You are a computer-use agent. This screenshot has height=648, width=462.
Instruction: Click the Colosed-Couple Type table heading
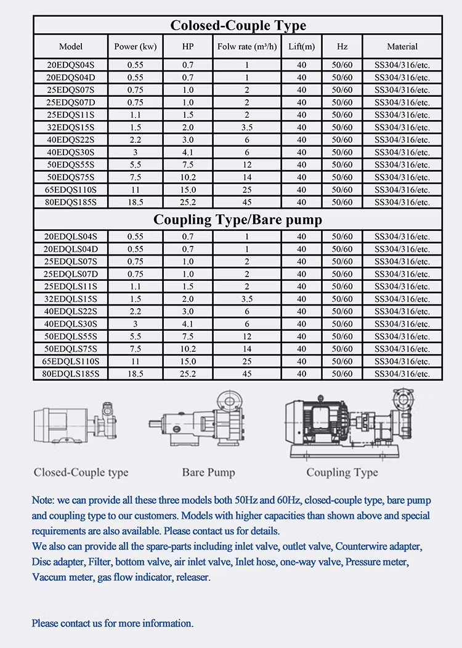(238, 25)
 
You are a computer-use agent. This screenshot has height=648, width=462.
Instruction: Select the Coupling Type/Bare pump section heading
(238, 219)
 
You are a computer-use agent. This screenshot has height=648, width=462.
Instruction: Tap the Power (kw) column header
(136, 47)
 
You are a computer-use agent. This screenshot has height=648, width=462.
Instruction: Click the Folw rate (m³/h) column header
(247, 47)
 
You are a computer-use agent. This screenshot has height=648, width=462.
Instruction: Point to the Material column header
(402, 47)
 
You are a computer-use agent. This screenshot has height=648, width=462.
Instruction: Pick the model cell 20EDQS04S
(71, 64)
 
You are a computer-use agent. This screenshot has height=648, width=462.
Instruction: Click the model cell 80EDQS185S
(71, 201)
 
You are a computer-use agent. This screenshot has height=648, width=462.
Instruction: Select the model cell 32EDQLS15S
(71, 298)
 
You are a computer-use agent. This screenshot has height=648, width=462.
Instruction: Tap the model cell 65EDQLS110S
(71, 361)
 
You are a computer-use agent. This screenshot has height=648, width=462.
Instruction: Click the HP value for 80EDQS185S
(188, 201)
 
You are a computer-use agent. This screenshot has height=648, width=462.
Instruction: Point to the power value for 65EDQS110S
(136, 189)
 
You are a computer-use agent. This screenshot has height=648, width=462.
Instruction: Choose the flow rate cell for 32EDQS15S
(247, 127)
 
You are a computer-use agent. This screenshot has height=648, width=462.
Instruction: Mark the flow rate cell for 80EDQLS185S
(247, 373)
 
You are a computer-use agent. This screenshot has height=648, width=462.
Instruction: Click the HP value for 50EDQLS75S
(188, 349)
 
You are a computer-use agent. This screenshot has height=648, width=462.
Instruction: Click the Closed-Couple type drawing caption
(81, 472)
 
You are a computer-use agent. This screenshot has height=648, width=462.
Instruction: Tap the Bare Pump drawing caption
(208, 472)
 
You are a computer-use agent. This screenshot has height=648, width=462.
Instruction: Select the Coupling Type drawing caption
(342, 472)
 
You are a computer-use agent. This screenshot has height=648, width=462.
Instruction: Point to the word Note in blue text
(43, 499)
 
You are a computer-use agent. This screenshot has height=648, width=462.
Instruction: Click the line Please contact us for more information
(113, 623)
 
